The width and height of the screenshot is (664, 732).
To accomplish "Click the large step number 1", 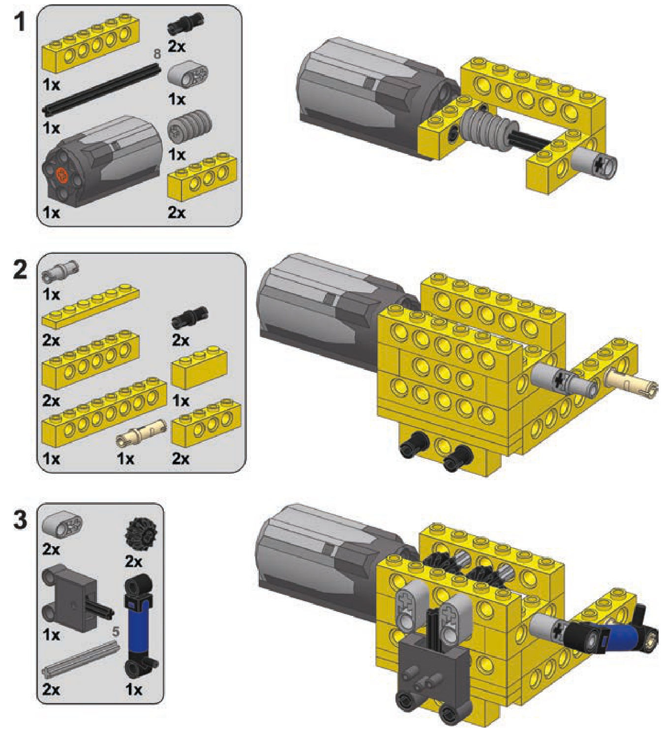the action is click(x=19, y=22).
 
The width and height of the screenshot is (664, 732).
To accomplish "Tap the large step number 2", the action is click(x=20, y=271).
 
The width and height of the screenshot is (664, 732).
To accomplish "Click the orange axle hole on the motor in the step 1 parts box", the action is click(x=62, y=176).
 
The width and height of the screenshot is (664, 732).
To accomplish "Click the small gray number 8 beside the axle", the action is click(x=157, y=55).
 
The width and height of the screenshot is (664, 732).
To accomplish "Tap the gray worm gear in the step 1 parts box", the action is click(x=189, y=126).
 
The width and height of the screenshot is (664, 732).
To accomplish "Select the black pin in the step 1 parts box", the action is click(x=185, y=24).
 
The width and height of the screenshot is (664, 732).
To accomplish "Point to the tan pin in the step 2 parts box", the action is click(x=142, y=433).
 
